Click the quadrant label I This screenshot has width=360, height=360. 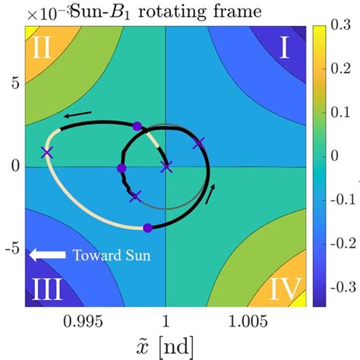point(284,49)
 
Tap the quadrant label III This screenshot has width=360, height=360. point(46,289)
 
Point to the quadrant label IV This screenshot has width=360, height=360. point(285,289)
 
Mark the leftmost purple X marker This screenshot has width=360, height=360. point(47,152)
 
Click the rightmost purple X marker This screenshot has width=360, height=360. point(200,143)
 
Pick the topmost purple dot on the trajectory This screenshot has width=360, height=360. point(137,126)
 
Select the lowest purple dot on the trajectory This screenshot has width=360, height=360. point(147,227)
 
